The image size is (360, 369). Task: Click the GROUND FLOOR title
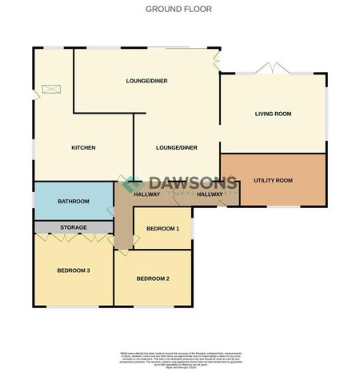(179, 9)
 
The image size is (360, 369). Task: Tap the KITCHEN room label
(83, 148)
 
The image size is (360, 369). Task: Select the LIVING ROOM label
(273, 114)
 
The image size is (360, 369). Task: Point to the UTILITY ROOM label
(273, 182)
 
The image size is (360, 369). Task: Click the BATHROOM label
(74, 202)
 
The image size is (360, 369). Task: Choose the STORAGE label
(74, 228)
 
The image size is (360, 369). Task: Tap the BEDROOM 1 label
(162, 230)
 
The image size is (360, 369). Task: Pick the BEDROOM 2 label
(153, 279)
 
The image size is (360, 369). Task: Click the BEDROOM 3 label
(73, 271)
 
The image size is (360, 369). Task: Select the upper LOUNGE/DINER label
(146, 81)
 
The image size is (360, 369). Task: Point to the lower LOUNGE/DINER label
(176, 148)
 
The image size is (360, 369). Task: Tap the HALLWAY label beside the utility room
(209, 195)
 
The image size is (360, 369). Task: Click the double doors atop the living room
(273, 68)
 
